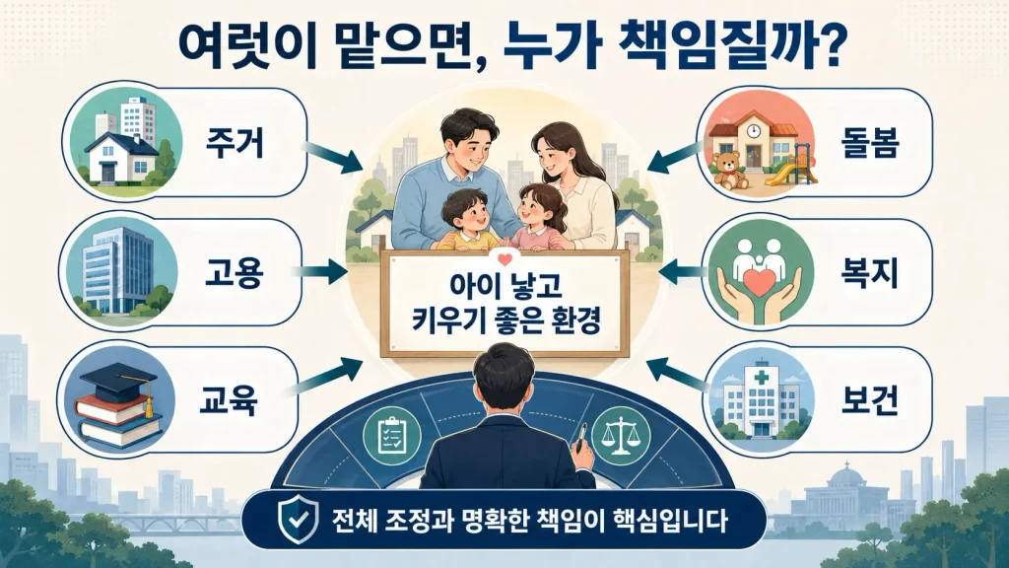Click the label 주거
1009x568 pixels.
[x=235, y=142]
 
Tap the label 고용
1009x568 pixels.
[x=234, y=273]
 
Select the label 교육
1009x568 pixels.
[x=229, y=400]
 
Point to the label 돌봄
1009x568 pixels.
[x=869, y=142]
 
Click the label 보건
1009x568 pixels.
[x=869, y=400]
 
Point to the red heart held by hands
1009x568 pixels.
[x=760, y=283]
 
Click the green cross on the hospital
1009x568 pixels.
[x=763, y=377]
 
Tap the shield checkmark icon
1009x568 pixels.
[x=297, y=519]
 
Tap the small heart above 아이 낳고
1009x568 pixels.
[x=504, y=260]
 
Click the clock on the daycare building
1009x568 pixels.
[x=754, y=131]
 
